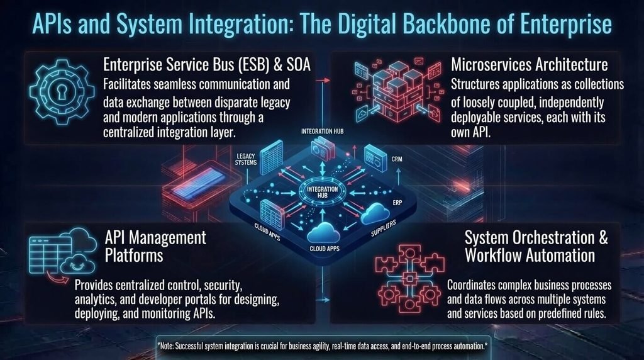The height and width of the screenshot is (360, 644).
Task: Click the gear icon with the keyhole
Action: point(62,92)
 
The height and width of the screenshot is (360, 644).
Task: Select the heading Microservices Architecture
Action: point(530,65)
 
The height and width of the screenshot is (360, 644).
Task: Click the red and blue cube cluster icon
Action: point(397,91)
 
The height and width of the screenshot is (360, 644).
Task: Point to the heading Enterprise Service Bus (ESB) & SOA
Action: point(206,65)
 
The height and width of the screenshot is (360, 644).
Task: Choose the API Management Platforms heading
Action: point(155,246)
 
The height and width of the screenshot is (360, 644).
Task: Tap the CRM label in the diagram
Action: point(397,159)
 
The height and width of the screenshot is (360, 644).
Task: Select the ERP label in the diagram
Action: point(397,203)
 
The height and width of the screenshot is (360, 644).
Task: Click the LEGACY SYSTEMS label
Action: point(246,159)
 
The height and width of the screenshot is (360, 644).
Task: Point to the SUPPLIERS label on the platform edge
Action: point(384,228)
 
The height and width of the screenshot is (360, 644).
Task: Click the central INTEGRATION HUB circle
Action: point(323,193)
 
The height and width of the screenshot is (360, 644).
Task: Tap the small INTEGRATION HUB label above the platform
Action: point(323,132)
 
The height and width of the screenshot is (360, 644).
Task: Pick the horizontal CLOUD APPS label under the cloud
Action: point(325,249)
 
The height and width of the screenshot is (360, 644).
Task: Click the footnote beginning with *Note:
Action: point(323,346)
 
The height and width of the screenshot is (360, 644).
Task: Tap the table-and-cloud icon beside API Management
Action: point(62,254)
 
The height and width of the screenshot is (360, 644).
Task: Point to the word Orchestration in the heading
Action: point(530,237)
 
